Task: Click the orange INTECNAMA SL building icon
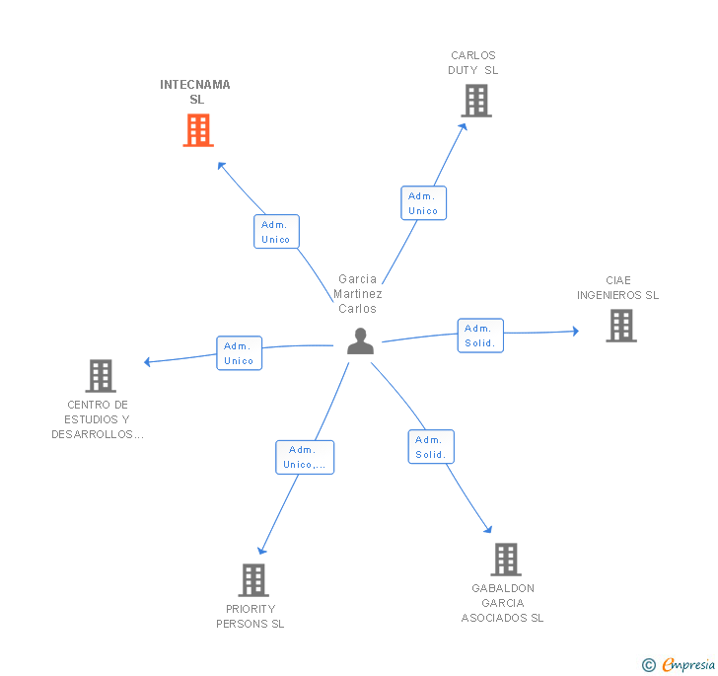198,130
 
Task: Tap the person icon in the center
360,341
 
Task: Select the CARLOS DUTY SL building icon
476,101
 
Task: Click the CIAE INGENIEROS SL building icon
621,326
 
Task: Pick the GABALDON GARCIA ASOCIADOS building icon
506,560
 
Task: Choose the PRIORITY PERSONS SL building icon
253,579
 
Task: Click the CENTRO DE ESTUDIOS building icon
101,376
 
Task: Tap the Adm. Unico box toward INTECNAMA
276,232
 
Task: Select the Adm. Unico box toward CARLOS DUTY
423,203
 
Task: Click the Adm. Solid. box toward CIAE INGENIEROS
480,336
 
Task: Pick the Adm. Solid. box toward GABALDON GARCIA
431,447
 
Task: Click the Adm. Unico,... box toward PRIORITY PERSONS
305,457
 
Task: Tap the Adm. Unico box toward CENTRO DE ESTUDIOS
239,353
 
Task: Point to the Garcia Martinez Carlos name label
358,294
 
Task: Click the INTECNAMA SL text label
195,92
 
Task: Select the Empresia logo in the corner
680,664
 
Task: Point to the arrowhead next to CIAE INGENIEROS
576,331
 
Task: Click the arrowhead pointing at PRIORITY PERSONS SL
261,550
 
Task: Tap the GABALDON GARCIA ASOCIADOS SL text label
502,603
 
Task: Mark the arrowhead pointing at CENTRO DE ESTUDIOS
147,362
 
